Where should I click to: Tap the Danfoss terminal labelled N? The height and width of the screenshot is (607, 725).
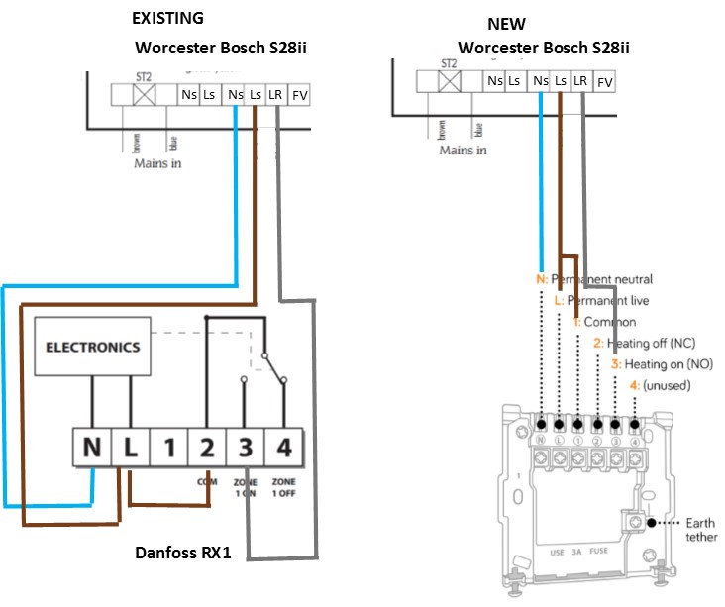point(92,448)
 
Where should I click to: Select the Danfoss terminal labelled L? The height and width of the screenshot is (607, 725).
point(131,448)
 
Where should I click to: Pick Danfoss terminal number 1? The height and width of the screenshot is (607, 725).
point(169,448)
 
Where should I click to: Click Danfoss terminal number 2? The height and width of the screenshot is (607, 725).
point(207,448)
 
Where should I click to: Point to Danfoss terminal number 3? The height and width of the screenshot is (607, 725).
point(246,448)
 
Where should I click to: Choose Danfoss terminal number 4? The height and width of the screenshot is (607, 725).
point(284,448)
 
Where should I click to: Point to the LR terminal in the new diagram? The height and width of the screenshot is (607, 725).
point(582,82)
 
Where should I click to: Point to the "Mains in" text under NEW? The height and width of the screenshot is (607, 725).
point(464,150)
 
